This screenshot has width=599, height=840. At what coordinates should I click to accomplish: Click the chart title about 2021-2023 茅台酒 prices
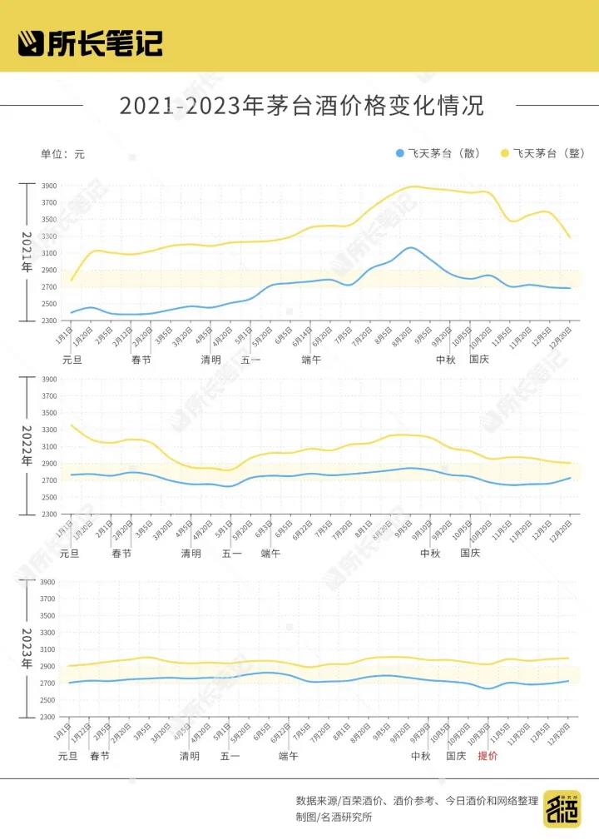(301, 107)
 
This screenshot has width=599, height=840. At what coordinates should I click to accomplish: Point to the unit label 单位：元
(62, 154)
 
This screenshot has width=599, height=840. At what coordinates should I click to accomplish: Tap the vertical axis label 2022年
(26, 445)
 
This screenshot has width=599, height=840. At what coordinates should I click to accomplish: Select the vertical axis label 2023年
(26, 649)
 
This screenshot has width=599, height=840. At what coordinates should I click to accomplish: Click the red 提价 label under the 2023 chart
(488, 756)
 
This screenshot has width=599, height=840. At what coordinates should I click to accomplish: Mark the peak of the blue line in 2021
(410, 247)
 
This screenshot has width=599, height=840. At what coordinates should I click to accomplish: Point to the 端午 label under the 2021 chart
(311, 360)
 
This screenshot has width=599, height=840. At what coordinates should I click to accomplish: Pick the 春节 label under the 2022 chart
(121, 554)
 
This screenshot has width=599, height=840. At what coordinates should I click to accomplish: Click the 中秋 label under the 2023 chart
(420, 756)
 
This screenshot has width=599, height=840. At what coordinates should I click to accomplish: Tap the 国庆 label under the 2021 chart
(479, 360)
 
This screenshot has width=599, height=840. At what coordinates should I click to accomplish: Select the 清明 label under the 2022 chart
(191, 554)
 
